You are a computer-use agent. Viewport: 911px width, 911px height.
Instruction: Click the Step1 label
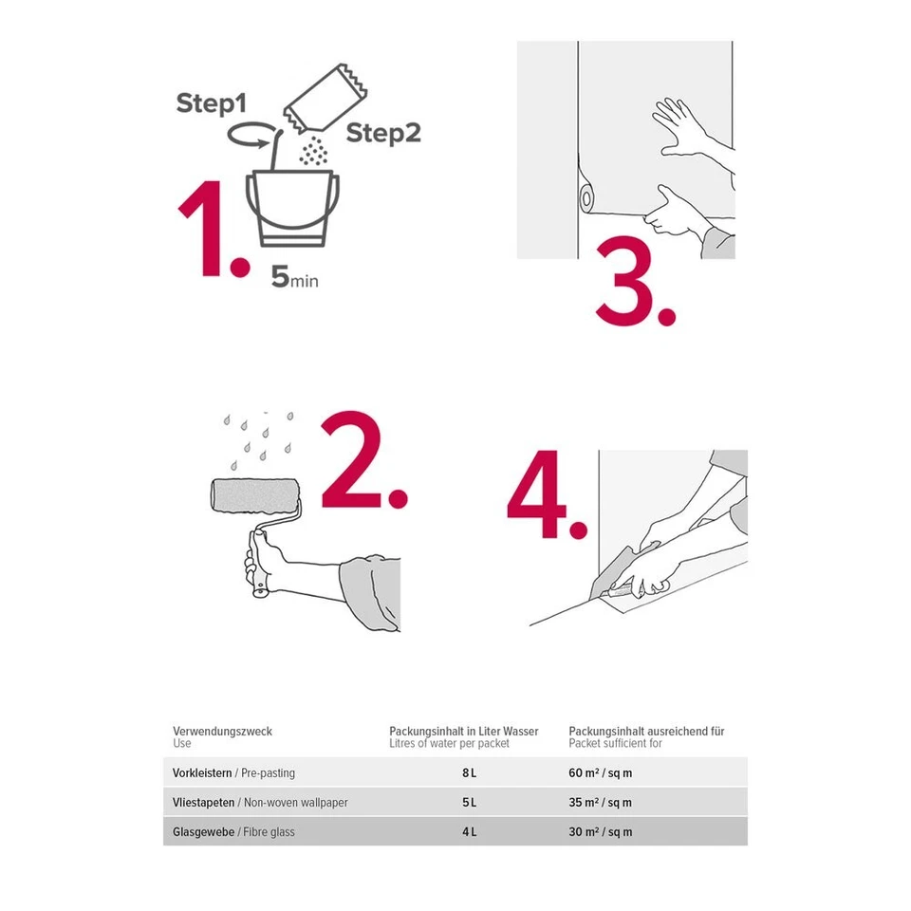(212, 104)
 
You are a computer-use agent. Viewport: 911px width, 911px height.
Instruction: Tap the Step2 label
(382, 133)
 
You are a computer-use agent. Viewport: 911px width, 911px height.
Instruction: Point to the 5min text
(294, 278)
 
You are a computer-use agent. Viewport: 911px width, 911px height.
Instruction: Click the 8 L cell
(469, 773)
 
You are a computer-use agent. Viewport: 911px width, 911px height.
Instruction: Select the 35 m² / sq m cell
(600, 803)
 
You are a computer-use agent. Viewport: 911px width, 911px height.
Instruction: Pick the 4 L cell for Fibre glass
(469, 832)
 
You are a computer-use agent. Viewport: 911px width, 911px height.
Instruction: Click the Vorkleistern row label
(202, 773)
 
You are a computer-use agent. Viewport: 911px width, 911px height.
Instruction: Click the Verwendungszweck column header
(222, 732)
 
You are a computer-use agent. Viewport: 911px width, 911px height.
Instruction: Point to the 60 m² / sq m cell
(600, 773)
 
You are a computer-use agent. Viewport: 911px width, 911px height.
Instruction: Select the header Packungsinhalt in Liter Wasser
(463, 732)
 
